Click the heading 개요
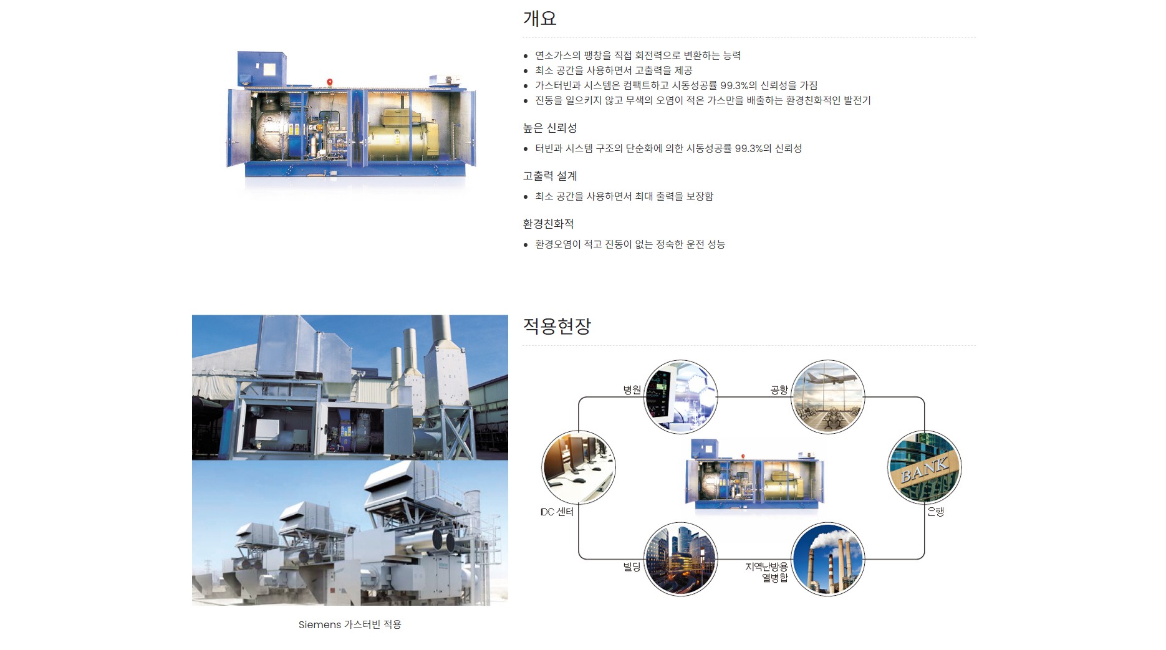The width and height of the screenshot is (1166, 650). click(539, 18)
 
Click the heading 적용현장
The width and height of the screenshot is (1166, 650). click(557, 326)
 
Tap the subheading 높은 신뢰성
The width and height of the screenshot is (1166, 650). click(550, 128)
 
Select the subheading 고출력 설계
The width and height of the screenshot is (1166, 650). click(550, 176)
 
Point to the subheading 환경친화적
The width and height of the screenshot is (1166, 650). click(548, 224)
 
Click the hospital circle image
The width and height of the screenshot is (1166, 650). click(680, 396)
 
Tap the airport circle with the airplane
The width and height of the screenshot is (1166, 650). click(827, 396)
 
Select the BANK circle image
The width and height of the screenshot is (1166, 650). click(924, 467)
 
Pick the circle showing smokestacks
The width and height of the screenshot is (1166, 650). click(827, 559)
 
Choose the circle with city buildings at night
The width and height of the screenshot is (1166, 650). click(680, 559)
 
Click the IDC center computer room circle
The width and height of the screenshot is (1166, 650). click(579, 467)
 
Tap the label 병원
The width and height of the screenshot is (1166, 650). click(632, 390)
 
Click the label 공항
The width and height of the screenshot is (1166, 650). click(779, 390)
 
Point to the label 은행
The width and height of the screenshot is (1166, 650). click(936, 512)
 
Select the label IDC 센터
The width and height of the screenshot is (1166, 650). click(557, 512)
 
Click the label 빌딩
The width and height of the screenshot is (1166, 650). click(632, 566)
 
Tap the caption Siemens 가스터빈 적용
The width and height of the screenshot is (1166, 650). click(350, 624)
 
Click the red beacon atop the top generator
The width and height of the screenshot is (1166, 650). click(330, 82)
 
